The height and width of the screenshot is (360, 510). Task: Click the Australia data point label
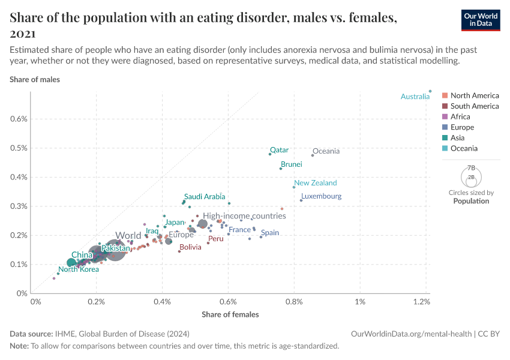pyautogui.click(x=415, y=97)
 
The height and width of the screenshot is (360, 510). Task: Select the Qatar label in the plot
pyautogui.click(x=279, y=150)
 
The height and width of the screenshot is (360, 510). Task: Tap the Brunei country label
pyautogui.click(x=291, y=164)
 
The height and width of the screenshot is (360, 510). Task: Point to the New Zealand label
pyautogui.click(x=315, y=183)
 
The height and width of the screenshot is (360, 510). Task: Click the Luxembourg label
pyautogui.click(x=321, y=196)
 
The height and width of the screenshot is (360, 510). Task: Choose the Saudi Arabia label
pyautogui.click(x=205, y=196)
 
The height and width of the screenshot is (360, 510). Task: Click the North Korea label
pyautogui.click(x=79, y=269)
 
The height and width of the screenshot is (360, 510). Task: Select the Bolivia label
pyautogui.click(x=190, y=247)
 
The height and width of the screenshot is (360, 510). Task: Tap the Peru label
pyautogui.click(x=215, y=239)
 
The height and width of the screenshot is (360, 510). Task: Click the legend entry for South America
pyautogui.click(x=474, y=106)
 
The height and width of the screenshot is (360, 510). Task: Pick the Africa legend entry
pyautogui.click(x=460, y=117)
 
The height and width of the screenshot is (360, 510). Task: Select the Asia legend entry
pyautogui.click(x=457, y=138)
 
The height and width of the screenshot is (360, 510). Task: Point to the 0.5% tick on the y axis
pyautogui.click(x=20, y=148)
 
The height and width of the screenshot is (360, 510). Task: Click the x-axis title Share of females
pyautogui.click(x=230, y=314)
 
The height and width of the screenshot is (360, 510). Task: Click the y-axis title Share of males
pyautogui.click(x=35, y=79)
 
